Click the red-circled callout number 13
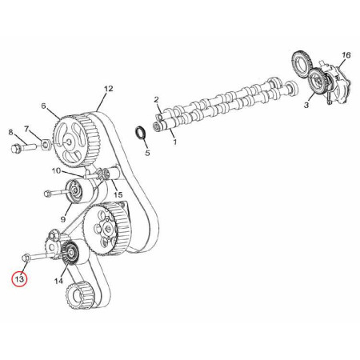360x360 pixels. click(19, 279)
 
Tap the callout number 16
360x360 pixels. click(346, 55)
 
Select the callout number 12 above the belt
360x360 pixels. click(109, 89)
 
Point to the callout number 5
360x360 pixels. click(147, 153)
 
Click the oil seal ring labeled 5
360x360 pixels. click(140, 133)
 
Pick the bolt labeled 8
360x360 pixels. click(23, 147)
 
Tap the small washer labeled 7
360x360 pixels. click(46, 145)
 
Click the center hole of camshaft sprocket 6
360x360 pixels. click(68, 142)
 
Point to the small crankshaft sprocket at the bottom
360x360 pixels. click(79, 294)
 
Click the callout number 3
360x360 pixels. click(306, 105)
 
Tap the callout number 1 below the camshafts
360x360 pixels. click(174, 142)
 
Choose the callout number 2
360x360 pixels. click(156, 100)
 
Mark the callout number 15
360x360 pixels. click(118, 194)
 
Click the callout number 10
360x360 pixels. click(56, 170)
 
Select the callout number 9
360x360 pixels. click(63, 219)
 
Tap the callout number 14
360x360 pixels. click(58, 281)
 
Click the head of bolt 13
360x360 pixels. click(25, 258)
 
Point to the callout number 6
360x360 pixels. click(43, 106)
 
